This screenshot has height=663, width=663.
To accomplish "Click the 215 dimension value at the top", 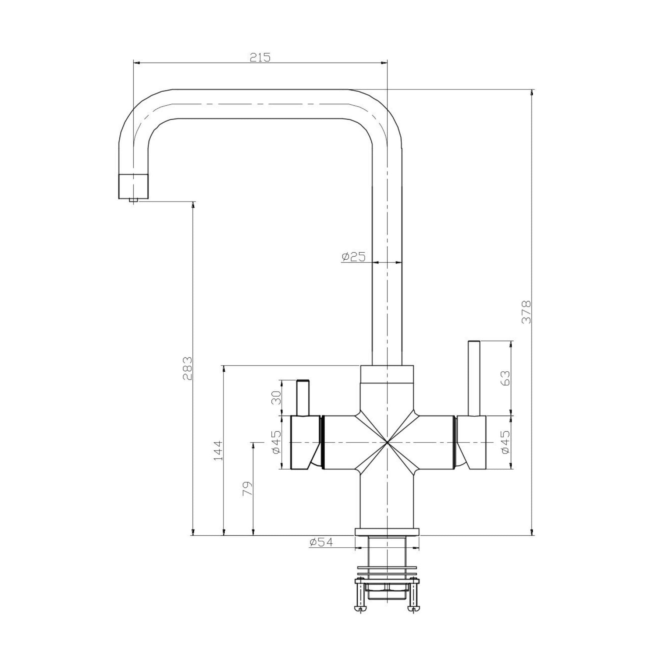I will (260, 57).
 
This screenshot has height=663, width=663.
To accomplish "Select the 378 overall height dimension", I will (527, 312).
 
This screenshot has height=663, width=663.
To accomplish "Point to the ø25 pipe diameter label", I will (353, 257).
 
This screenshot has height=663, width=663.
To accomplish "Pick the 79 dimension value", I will (248, 489).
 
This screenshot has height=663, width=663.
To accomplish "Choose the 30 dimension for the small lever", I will (276, 397).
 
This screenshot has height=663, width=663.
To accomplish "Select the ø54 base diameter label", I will (321, 542).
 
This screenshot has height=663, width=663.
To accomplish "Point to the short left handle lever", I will (303, 398).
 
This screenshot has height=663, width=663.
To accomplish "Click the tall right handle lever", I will (474, 378).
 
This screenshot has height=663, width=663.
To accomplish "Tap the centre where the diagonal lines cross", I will (387, 442).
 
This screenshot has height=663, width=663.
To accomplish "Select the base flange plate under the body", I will (387, 532).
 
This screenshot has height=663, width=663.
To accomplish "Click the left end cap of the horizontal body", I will (305, 442).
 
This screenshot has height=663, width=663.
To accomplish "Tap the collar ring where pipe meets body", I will (387, 374).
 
